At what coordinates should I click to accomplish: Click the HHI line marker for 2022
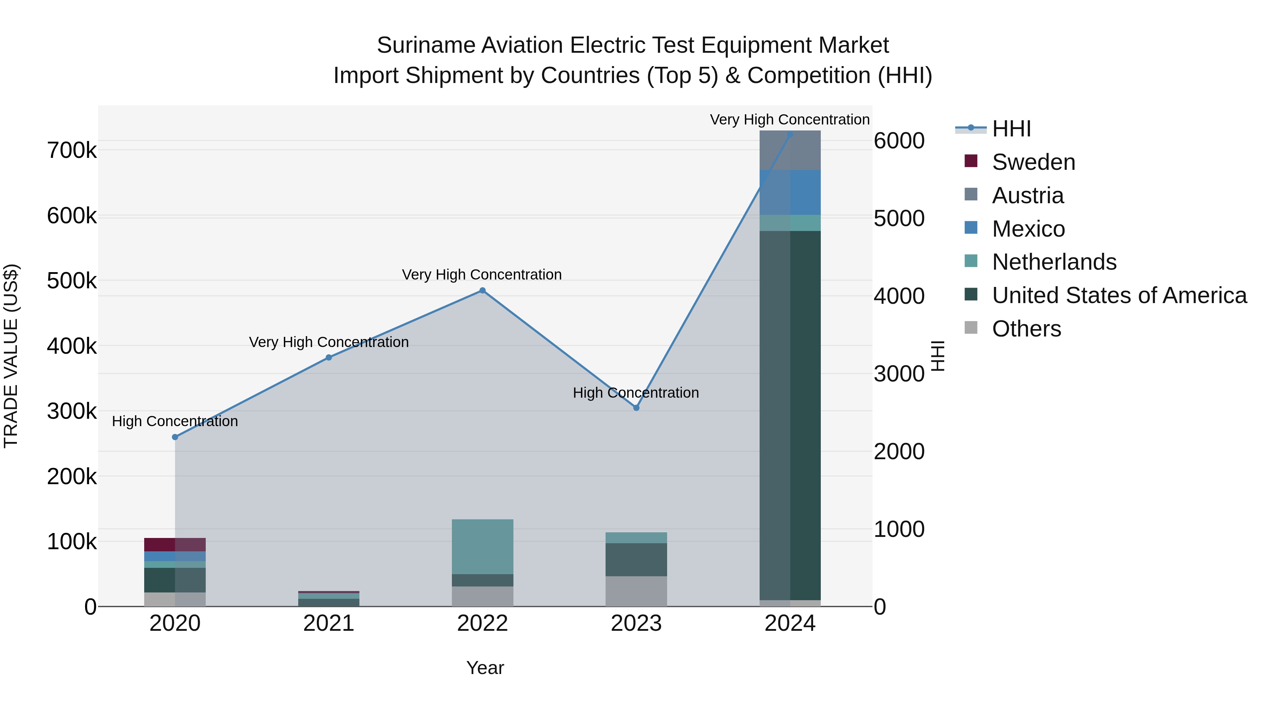click(x=482, y=290)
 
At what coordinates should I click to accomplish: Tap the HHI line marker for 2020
click(x=175, y=437)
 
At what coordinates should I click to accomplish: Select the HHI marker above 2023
click(x=636, y=408)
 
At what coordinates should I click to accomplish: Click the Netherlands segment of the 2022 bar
click(x=482, y=546)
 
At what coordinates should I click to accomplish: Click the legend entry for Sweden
click(x=1033, y=162)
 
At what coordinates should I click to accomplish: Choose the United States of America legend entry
click(x=1119, y=295)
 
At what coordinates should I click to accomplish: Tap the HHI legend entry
click(x=1011, y=129)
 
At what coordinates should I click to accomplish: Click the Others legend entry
click(x=1026, y=329)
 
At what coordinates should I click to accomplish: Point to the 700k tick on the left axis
click(x=72, y=150)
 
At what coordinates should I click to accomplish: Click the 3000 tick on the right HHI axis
click(x=899, y=374)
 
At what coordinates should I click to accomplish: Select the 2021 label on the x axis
click(x=328, y=623)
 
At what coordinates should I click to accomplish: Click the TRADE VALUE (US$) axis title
click(x=11, y=356)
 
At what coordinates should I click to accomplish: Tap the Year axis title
click(x=485, y=668)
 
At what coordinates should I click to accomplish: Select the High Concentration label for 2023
click(x=635, y=393)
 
